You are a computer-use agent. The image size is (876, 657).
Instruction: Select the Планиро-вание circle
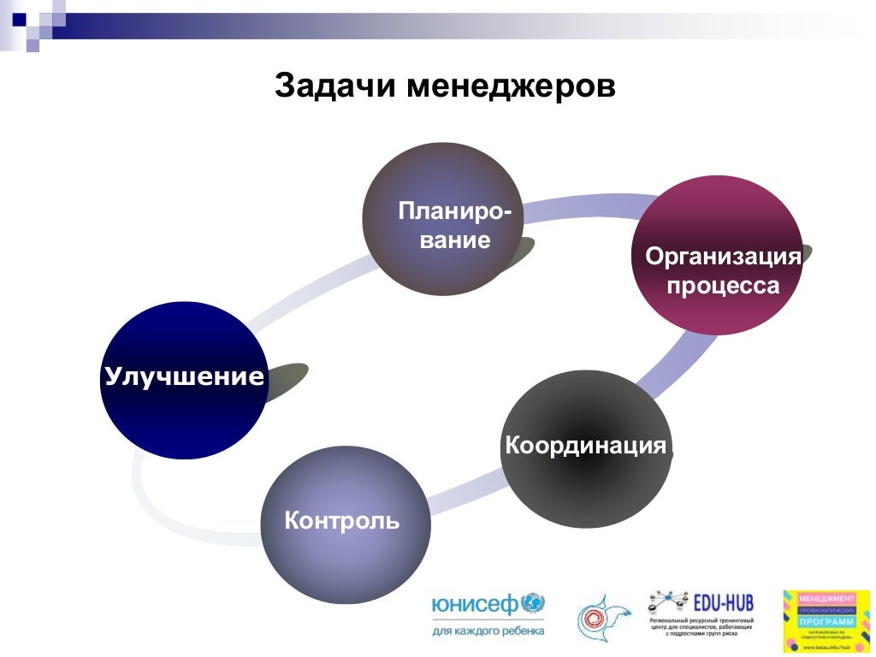pos(442,220)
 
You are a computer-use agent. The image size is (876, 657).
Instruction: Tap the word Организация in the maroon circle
pos(723,256)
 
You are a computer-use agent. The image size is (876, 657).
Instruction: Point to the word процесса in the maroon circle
pos(723,285)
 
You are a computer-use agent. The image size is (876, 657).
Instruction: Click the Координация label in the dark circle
pos(585,446)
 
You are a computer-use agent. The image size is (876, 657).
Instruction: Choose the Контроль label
pos(342,520)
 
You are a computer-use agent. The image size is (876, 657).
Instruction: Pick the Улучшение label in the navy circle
pos(184,376)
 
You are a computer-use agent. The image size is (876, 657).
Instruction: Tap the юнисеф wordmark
pos(476,606)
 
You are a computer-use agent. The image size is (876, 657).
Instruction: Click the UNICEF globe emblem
pos(532,604)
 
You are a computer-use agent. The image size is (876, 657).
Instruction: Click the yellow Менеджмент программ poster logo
pos(826,621)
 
